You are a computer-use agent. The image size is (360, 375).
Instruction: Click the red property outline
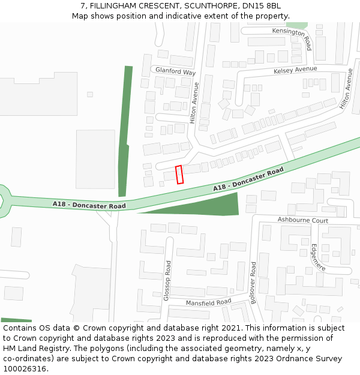(x=179, y=175)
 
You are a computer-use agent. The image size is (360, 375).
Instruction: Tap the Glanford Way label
(x=176, y=72)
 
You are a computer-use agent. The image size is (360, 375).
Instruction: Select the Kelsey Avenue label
(x=295, y=70)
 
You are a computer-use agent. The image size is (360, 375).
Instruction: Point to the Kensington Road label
(x=292, y=38)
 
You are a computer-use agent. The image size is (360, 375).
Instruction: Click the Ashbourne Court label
(x=302, y=220)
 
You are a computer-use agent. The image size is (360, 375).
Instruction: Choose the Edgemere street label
(x=318, y=257)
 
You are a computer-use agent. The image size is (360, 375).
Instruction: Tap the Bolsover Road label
(x=253, y=283)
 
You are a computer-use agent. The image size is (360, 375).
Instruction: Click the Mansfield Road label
(x=208, y=302)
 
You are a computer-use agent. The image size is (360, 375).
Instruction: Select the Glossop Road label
(x=167, y=280)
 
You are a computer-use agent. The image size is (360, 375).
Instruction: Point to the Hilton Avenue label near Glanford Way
(x=194, y=103)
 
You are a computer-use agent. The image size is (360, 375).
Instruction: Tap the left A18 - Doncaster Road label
(x=89, y=205)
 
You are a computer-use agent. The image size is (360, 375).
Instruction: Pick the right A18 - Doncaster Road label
(x=248, y=180)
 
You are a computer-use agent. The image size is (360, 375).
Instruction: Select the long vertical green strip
(x=125, y=132)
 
